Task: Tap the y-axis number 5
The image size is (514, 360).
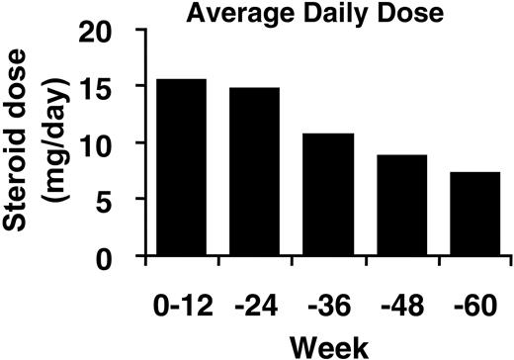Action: [121, 202]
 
